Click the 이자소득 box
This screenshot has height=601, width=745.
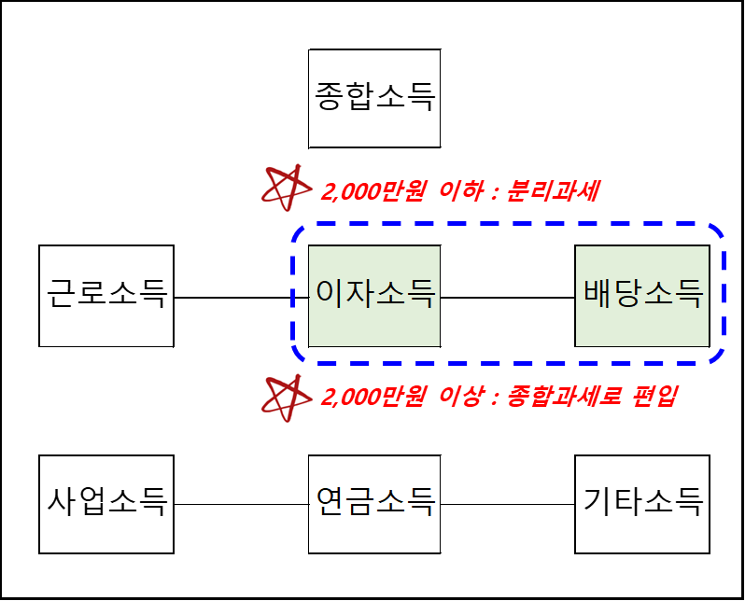[374, 296]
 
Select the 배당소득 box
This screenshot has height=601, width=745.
[642, 296]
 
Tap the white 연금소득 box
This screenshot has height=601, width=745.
[374, 504]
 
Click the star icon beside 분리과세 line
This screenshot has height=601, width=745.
[287, 187]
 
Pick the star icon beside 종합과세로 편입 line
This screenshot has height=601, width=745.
[287, 397]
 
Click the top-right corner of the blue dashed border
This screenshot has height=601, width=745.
[718, 231]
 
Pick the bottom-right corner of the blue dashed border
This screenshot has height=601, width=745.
[718, 356]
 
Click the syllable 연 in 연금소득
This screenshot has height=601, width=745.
[329, 504]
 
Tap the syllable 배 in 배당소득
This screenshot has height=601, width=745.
[597, 296]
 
